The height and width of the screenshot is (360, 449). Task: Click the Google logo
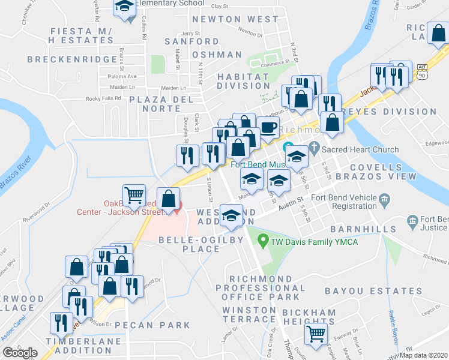click(20, 353)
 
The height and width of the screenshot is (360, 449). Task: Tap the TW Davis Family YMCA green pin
click(262, 241)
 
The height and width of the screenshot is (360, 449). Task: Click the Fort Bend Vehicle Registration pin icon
click(384, 198)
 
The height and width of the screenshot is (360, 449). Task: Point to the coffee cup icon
click(268, 127)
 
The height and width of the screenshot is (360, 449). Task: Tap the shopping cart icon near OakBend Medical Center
click(134, 194)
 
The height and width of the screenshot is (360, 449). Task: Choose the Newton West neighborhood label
click(235, 19)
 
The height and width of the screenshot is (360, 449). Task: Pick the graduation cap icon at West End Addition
click(231, 215)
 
